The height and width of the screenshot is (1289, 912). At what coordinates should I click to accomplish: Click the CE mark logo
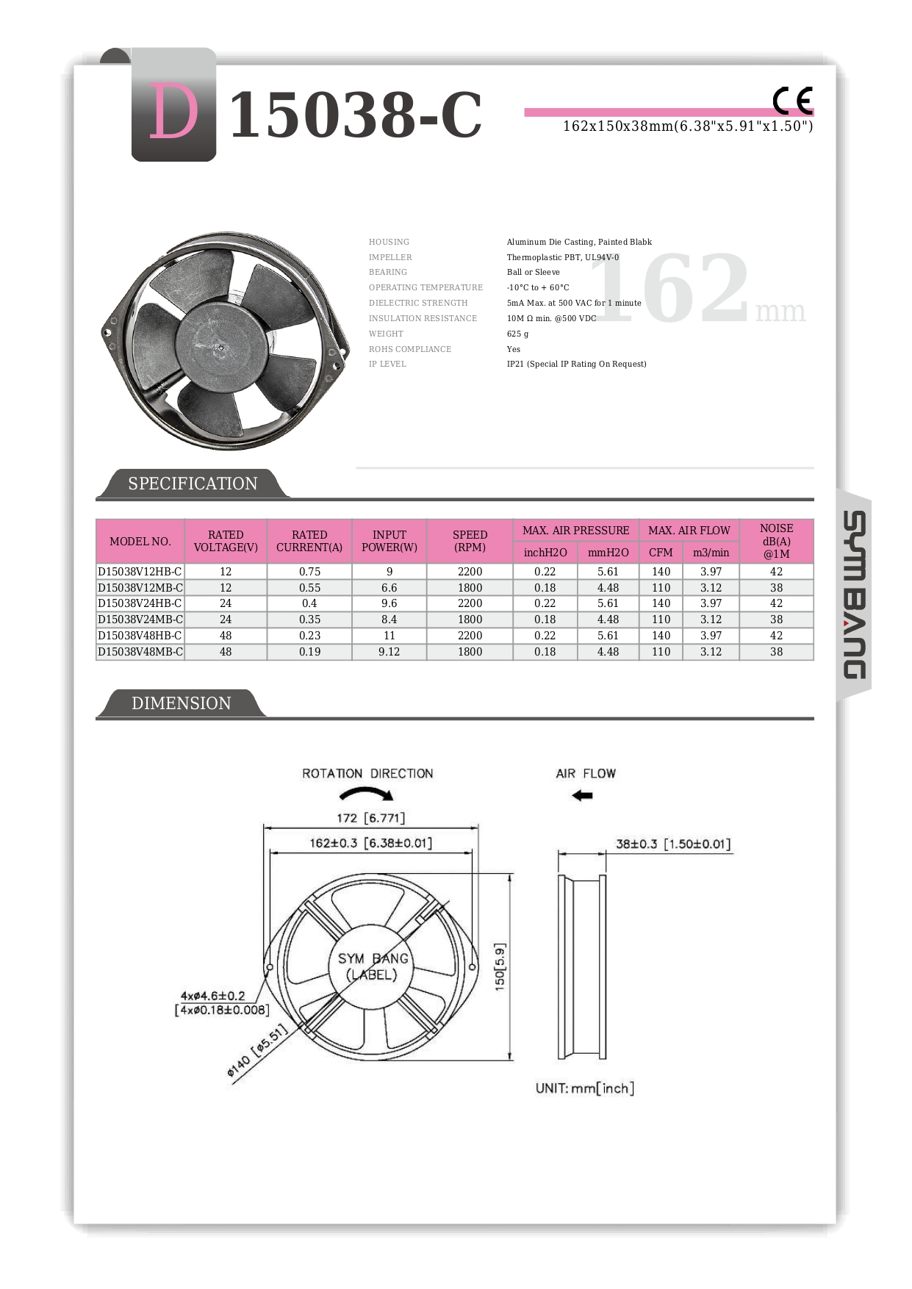point(792,101)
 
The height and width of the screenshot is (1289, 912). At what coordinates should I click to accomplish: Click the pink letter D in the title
point(174,112)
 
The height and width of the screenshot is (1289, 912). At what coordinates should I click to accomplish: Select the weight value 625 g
point(517,334)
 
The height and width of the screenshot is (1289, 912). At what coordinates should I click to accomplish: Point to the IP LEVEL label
point(387,364)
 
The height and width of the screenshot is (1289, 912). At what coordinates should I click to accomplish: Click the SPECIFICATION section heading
point(193,484)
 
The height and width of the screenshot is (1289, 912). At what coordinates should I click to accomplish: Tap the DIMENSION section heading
point(181,703)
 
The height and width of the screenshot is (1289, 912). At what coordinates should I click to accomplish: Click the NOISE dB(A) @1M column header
point(776,541)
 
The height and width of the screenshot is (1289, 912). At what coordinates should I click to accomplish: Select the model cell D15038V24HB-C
point(140,603)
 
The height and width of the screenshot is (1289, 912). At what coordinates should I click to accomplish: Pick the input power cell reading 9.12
point(389,652)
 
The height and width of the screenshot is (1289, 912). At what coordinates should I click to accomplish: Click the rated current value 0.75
point(309,572)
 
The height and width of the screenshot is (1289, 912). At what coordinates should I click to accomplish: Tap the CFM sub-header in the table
point(661,553)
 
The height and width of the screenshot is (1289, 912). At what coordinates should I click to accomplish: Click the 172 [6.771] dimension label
point(370,818)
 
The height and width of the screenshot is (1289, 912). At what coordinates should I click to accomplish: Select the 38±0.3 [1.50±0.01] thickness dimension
point(673,844)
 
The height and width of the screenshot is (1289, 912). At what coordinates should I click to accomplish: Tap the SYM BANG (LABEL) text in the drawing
point(373,966)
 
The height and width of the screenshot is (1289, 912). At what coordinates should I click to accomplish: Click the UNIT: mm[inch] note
point(584,1088)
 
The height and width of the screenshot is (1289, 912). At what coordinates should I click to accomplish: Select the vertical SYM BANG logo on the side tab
point(853,595)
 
